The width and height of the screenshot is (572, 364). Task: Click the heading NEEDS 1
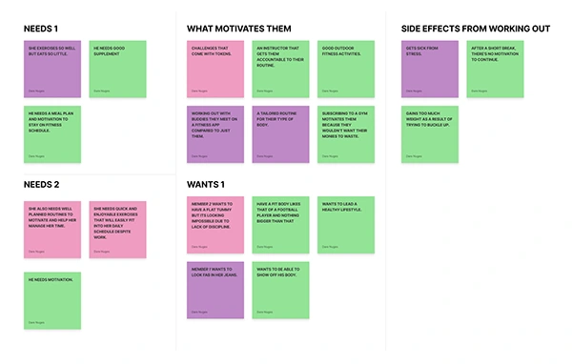click(x=42, y=29)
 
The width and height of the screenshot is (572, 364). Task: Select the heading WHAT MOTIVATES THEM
click(x=238, y=29)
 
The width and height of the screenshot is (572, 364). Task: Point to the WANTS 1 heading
click(x=206, y=184)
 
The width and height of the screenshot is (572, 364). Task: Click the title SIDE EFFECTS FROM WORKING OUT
click(x=475, y=29)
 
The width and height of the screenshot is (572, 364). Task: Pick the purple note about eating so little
click(x=52, y=69)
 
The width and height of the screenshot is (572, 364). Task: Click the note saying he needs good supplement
click(x=118, y=69)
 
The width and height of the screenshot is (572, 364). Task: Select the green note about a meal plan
click(x=52, y=133)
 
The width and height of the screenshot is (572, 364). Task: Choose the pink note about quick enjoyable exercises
click(x=118, y=229)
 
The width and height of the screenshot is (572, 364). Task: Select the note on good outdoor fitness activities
click(x=346, y=69)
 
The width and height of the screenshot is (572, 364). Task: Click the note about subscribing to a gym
click(x=346, y=133)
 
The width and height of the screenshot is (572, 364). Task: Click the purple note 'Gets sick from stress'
click(x=429, y=69)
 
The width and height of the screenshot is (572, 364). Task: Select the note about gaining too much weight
click(x=429, y=133)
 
